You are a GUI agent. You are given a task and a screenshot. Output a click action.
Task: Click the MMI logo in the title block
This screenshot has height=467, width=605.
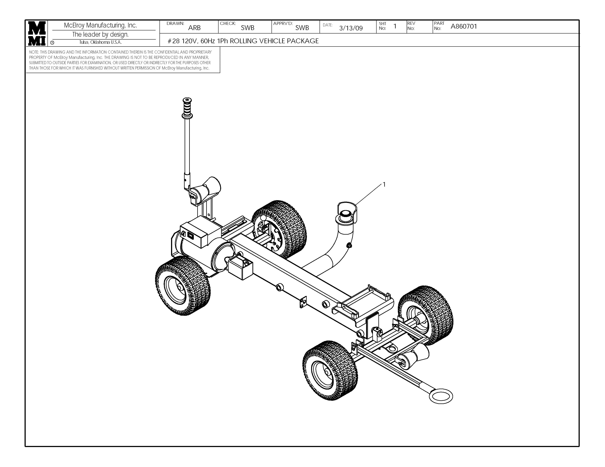(36, 33)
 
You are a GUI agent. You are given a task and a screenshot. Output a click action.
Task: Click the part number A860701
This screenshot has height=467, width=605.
(464, 27)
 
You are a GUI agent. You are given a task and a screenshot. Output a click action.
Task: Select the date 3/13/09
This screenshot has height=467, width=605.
(351, 28)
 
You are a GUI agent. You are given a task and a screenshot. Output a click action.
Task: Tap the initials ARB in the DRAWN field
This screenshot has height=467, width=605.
(194, 28)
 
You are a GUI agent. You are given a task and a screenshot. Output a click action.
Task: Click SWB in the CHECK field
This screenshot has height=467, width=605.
(247, 28)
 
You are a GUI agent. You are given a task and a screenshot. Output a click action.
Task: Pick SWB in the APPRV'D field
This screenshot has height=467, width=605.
(302, 28)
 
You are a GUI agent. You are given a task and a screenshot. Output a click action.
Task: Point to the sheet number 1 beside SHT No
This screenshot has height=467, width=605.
(395, 26)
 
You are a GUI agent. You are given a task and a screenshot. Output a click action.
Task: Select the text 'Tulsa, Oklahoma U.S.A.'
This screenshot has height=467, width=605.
(100, 42)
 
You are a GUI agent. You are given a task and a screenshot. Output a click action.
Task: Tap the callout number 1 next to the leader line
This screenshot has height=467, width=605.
(384, 184)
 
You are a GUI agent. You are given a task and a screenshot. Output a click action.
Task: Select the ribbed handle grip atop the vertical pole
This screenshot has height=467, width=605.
(187, 108)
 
